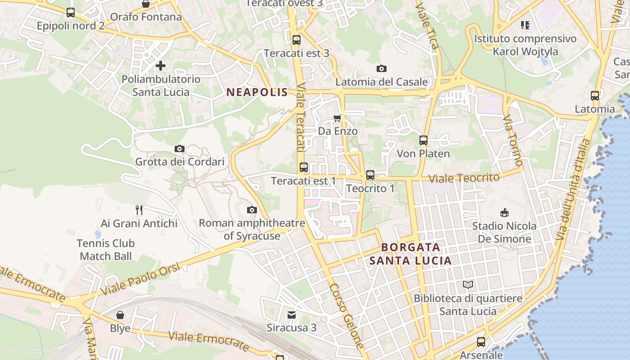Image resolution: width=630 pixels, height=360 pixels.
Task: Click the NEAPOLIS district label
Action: click(x=257, y=93)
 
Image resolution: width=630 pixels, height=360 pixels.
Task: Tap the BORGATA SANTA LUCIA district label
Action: click(x=410, y=254)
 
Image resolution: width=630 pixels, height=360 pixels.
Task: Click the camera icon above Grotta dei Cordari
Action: click(x=180, y=148)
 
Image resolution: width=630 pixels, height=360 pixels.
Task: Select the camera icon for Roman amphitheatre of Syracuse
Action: click(x=252, y=210)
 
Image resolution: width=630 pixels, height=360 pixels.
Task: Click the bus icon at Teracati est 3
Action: click(x=296, y=40)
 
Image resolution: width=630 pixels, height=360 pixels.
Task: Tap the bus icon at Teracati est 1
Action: click(x=304, y=168)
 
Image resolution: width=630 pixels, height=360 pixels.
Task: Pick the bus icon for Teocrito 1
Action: click(x=370, y=175)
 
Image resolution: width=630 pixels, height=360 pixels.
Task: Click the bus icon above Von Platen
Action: click(x=423, y=140)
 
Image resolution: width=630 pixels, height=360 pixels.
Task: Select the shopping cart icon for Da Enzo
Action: click(x=337, y=118)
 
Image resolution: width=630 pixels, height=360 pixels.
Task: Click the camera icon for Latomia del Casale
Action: click(x=382, y=68)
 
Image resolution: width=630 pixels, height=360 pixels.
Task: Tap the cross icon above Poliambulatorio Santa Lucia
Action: click(x=161, y=66)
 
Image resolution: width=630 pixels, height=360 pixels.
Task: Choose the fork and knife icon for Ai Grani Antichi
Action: click(x=139, y=210)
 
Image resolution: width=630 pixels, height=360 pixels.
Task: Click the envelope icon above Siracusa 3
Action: click(x=292, y=315)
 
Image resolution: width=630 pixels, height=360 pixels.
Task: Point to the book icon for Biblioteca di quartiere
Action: click(x=468, y=284)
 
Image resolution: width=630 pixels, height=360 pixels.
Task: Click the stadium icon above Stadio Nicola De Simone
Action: click(x=504, y=212)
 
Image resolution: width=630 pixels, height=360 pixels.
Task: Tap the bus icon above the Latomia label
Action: click(x=595, y=95)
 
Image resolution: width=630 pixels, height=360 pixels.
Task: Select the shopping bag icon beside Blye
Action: click(x=120, y=315)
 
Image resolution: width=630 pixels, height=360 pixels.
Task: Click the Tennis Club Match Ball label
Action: click(x=106, y=250)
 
